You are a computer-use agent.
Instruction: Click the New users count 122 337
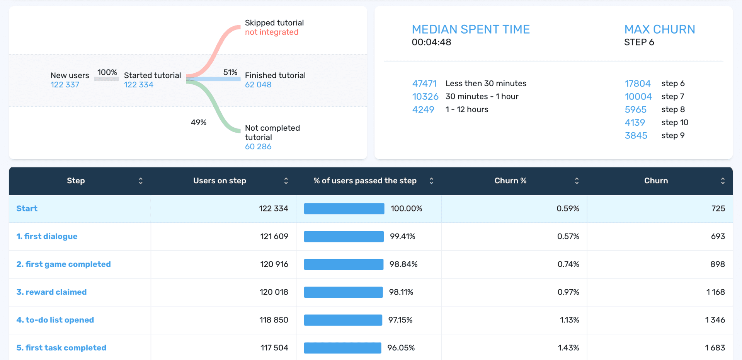(65, 85)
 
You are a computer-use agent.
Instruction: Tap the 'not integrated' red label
(271, 32)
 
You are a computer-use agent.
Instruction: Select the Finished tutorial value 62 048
(258, 85)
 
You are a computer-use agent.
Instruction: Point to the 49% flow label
(198, 123)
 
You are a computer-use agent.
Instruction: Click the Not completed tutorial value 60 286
(258, 147)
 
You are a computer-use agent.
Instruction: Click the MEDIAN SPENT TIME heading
(470, 29)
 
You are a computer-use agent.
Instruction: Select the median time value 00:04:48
(431, 42)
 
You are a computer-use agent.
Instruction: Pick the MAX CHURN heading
(659, 29)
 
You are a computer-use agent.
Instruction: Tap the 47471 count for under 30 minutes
(424, 84)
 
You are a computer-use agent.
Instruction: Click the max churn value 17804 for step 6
(638, 84)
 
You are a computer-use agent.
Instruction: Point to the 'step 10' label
(674, 123)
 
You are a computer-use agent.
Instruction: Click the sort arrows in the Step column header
(141, 181)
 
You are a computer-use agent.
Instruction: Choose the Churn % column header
(510, 181)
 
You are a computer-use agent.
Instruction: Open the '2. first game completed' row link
(63, 264)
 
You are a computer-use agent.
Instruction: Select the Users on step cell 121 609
(274, 236)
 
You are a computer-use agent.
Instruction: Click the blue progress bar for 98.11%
(343, 292)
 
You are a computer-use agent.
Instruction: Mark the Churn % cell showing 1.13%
(569, 320)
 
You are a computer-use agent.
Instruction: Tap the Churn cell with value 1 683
(715, 348)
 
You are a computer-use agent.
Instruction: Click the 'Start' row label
(27, 208)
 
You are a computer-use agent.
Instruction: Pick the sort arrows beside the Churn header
(722, 181)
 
